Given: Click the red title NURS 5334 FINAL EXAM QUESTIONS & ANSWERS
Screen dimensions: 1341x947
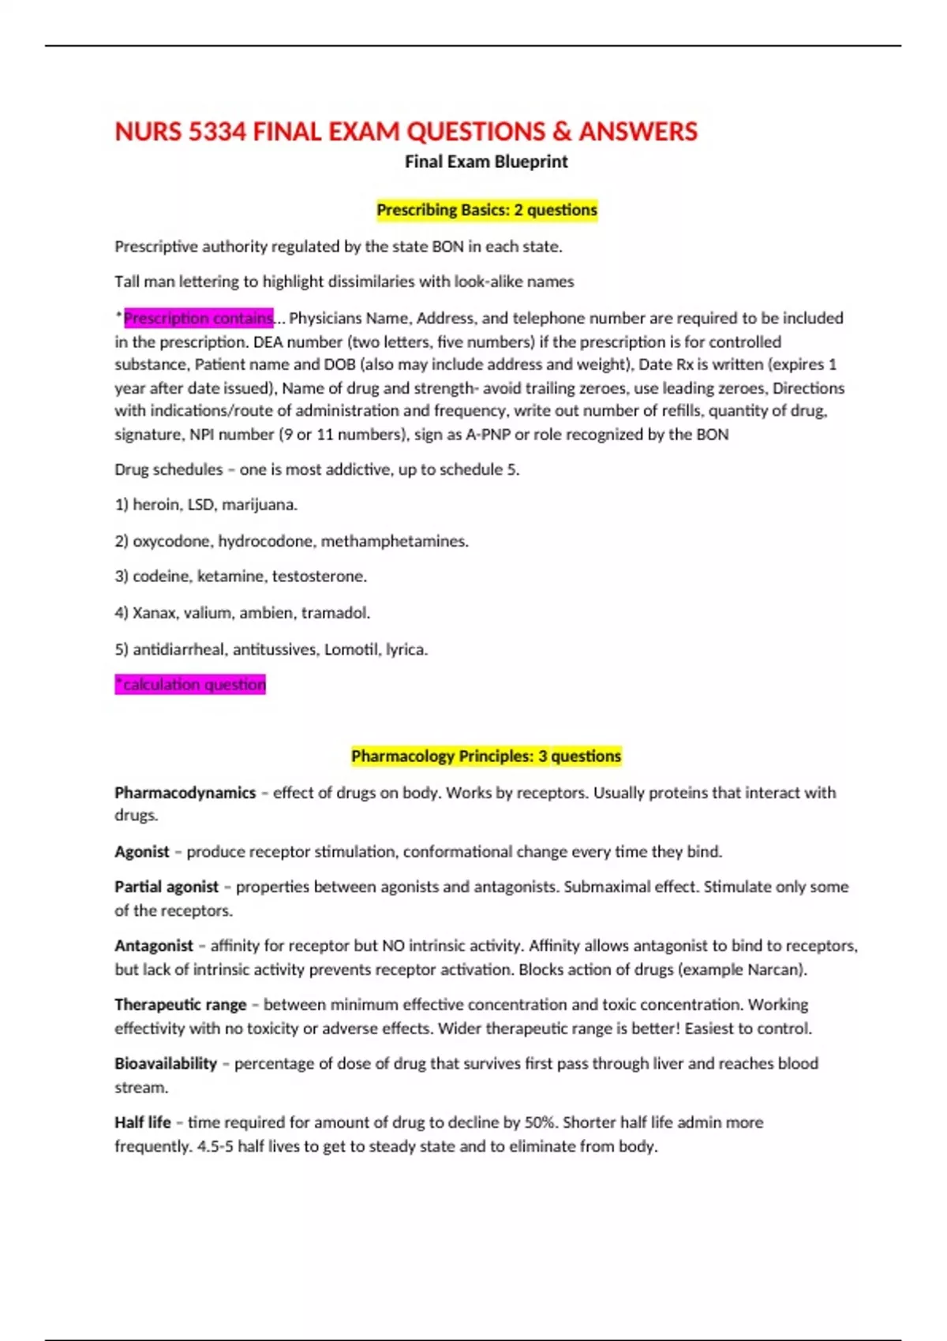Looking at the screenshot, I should click(x=406, y=131).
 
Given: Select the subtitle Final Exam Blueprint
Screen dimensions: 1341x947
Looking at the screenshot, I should click(x=486, y=162).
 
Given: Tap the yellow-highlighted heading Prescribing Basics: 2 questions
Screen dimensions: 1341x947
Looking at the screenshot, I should click(x=486, y=210).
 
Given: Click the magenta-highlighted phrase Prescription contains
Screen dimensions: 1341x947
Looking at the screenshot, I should click(x=198, y=318).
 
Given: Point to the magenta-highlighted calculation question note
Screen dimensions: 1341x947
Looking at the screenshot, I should click(x=190, y=685).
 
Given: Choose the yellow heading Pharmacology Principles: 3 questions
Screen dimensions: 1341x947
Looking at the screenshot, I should click(x=486, y=756).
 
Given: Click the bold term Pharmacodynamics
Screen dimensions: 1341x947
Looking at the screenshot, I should click(x=185, y=793).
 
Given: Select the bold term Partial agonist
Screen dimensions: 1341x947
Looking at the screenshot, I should click(x=166, y=887).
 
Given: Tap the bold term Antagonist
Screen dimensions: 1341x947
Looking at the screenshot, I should click(x=153, y=946).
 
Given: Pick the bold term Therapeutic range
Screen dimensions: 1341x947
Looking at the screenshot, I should click(x=180, y=1005).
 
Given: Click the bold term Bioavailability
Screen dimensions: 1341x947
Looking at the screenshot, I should click(x=165, y=1063).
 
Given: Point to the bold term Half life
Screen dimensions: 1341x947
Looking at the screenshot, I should click(x=142, y=1122).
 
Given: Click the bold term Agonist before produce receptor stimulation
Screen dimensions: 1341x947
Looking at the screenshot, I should click(x=141, y=852).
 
